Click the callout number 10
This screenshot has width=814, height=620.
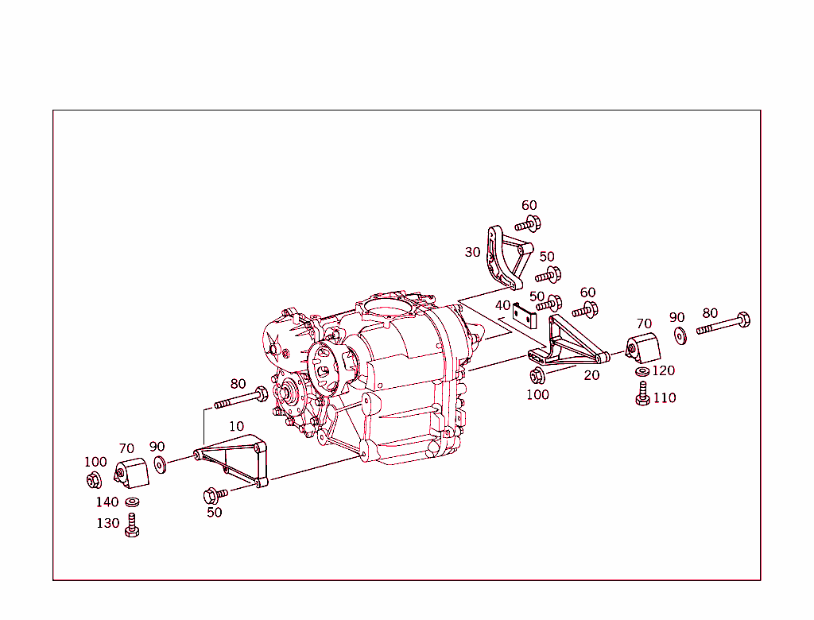[236, 426]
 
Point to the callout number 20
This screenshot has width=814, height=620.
[591, 375]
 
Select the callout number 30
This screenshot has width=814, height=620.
[473, 252]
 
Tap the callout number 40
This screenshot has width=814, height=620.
[502, 305]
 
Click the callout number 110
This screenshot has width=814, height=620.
[665, 397]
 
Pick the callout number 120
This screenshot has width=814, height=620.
[663, 370]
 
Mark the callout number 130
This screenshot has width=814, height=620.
[108, 523]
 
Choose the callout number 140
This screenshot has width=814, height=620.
[107, 502]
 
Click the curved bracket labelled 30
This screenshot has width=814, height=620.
[504, 258]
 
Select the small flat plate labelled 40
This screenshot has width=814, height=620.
[525, 316]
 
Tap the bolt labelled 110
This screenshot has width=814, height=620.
[642, 394]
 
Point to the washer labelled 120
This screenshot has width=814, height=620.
[642, 371]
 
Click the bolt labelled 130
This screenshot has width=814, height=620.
[132, 526]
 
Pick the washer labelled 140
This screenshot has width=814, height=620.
[131, 502]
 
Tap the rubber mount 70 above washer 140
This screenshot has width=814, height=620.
[133, 474]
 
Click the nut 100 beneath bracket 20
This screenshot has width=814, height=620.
[537, 375]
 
